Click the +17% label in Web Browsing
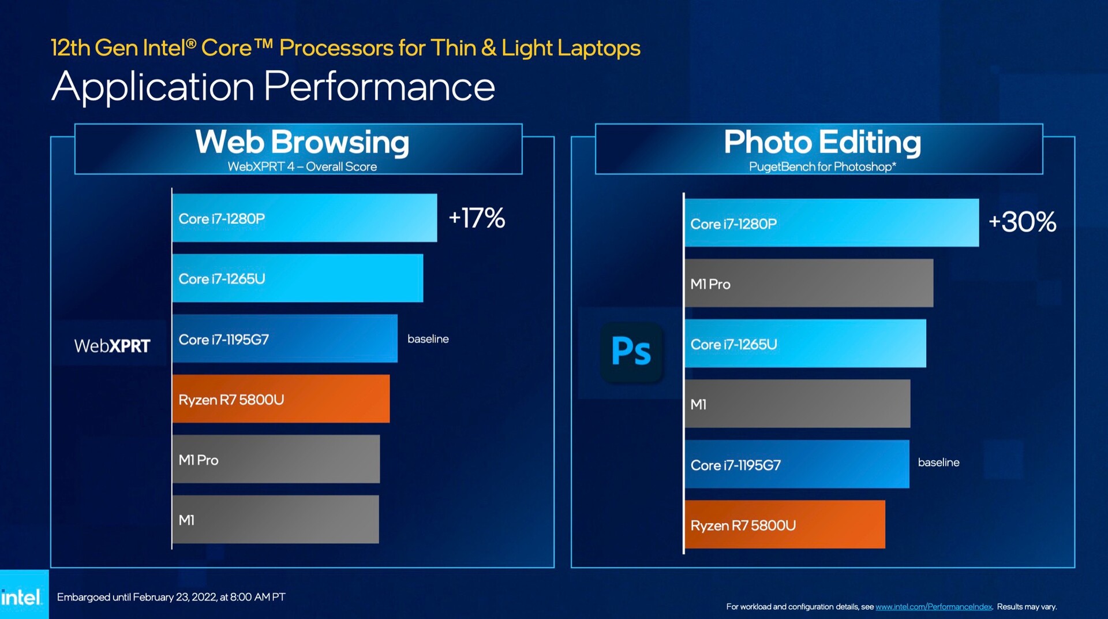477,218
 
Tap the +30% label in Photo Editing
1022,222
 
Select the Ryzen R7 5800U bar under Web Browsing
280,399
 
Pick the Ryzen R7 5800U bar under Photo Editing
784,525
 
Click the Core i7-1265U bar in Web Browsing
297,278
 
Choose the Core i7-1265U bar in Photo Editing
805,344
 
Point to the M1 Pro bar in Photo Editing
808,284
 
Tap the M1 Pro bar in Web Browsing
276,460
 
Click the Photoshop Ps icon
631,352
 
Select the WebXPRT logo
112,346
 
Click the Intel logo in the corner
22,596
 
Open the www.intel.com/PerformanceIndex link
934,607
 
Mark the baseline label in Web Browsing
428,339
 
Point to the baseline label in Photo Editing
938,463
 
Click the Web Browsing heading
302,142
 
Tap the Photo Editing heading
822,142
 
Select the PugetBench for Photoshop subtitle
822,167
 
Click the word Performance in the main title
379,87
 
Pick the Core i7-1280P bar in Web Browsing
304,218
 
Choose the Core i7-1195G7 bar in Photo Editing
796,464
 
